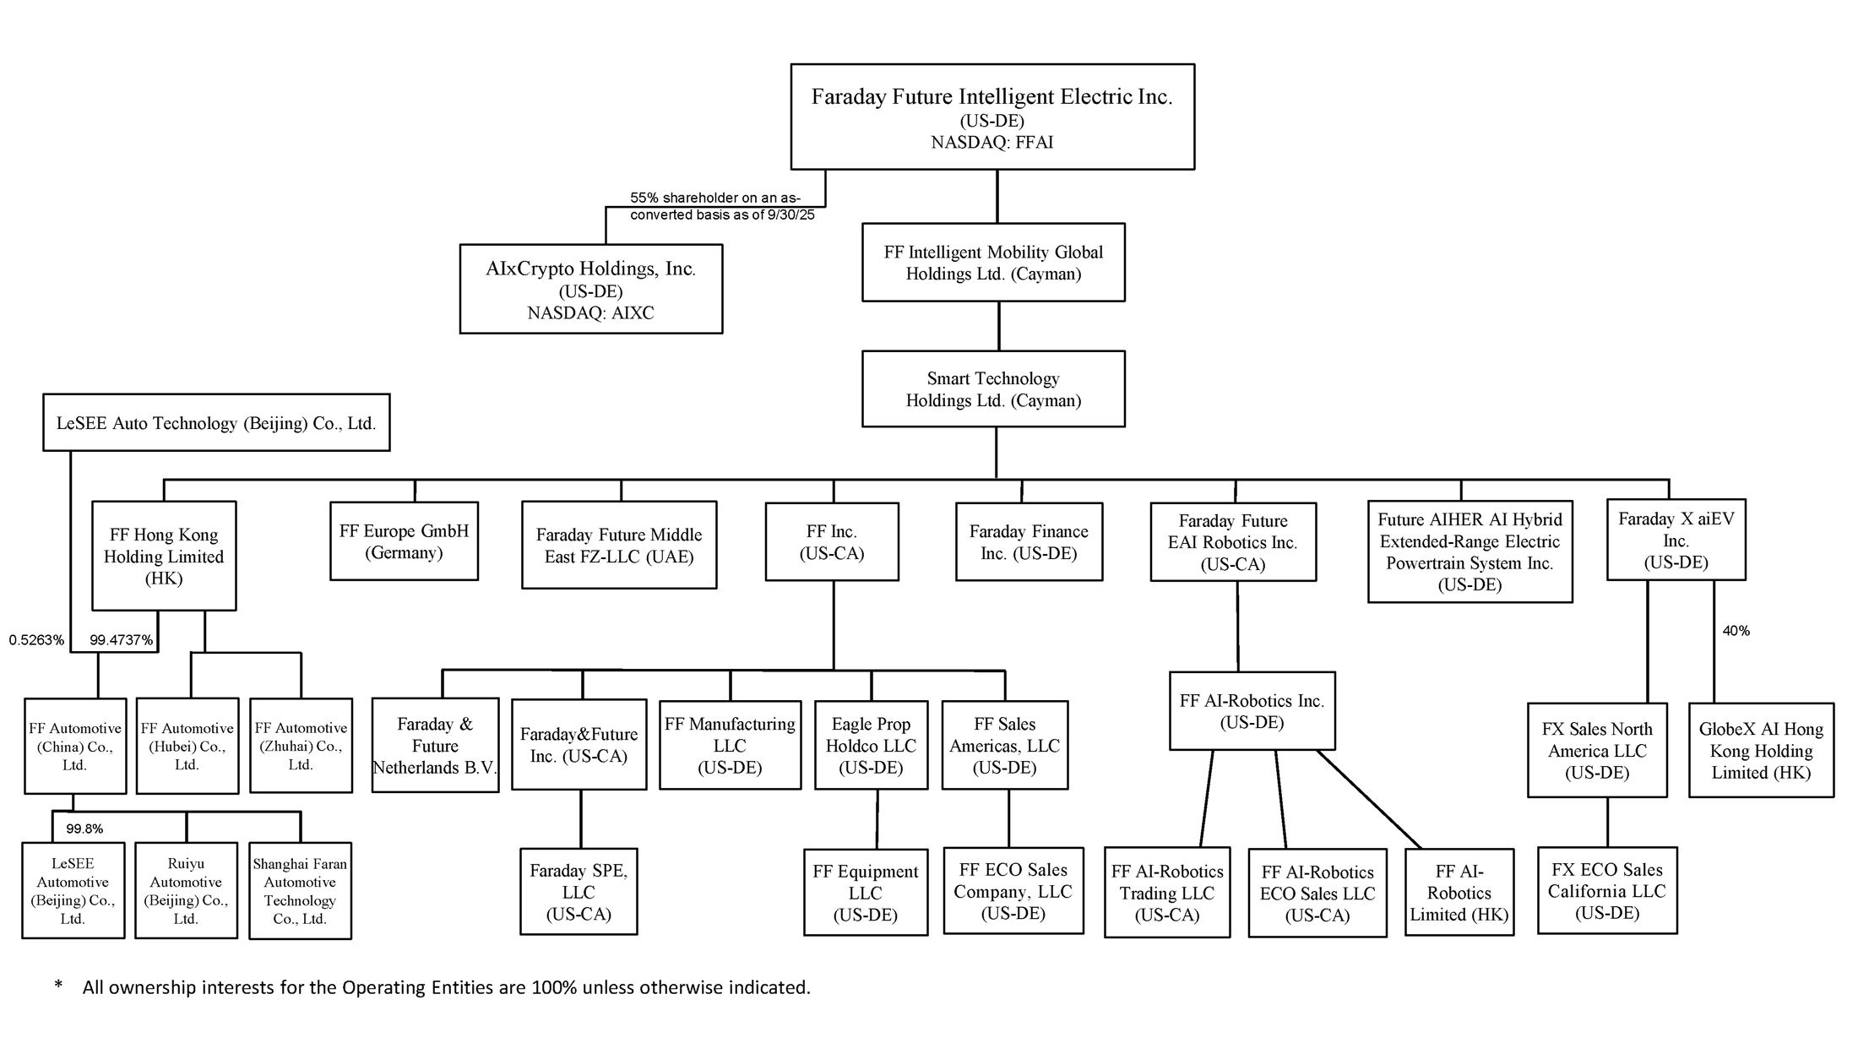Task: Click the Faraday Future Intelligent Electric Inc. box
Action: click(x=992, y=116)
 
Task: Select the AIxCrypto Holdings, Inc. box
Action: click(x=590, y=289)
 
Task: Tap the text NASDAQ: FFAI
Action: click(x=992, y=143)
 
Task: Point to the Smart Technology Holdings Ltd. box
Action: click(x=993, y=388)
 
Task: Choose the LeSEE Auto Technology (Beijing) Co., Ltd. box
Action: click(x=216, y=422)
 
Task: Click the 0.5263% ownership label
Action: click(x=36, y=640)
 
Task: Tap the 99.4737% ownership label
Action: click(x=121, y=640)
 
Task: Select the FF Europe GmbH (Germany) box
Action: click(x=404, y=541)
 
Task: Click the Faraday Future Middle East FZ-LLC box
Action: click(x=619, y=545)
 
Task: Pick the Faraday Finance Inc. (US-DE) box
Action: click(x=1029, y=541)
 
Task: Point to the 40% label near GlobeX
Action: click(x=1736, y=631)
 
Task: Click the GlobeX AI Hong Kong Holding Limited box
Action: click(x=1761, y=750)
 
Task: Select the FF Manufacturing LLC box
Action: click(x=730, y=745)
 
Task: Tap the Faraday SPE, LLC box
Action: click(x=579, y=891)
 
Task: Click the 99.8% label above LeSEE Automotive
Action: click(x=84, y=829)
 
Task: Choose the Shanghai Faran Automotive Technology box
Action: click(x=300, y=890)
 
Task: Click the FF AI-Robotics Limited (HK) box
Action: click(x=1459, y=892)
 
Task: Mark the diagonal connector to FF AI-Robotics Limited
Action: click(x=1370, y=800)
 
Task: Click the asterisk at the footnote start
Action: click(x=58, y=986)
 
